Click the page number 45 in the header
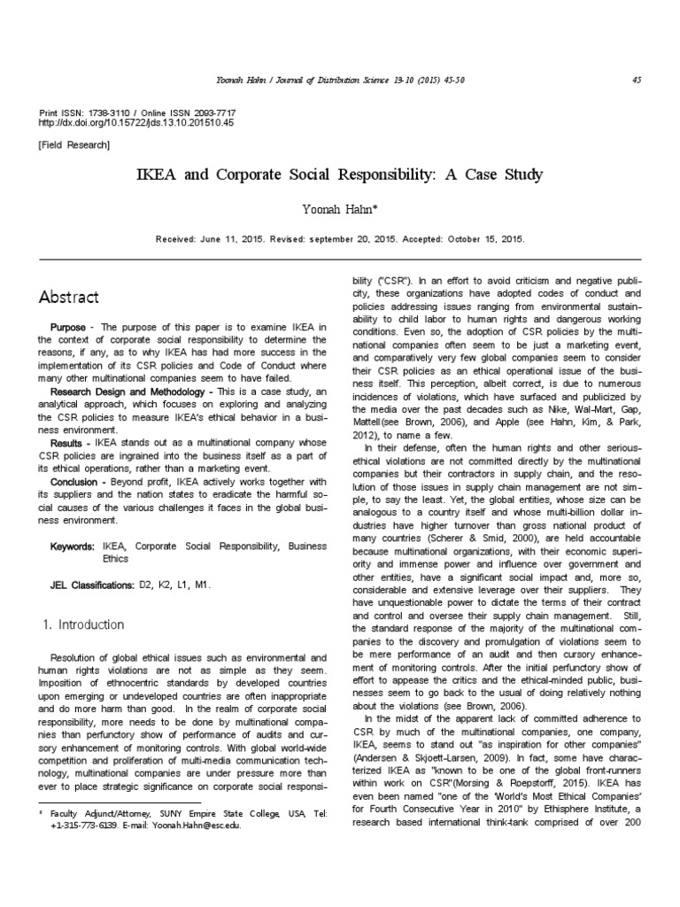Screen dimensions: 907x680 pyautogui.click(x=637, y=81)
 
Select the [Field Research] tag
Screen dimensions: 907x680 pyautogui.click(x=74, y=144)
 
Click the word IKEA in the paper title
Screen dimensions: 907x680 pyautogui.click(x=156, y=174)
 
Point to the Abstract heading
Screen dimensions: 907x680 pyautogui.click(x=69, y=297)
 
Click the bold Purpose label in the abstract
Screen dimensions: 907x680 pyautogui.click(x=68, y=327)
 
